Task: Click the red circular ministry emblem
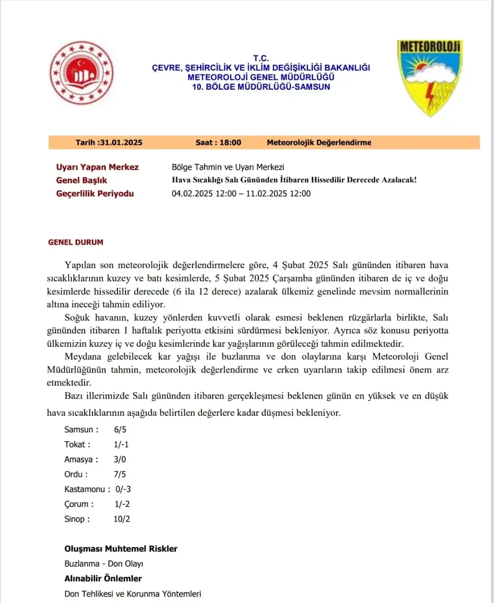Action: coord(81,73)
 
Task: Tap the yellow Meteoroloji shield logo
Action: coord(429,76)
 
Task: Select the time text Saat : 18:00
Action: coord(218,143)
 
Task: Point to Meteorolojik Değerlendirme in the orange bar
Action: coord(319,143)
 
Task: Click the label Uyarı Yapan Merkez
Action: coord(97,167)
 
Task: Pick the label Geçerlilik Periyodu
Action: coord(95,194)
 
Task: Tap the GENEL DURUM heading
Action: coord(76,242)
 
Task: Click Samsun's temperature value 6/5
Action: coord(120,430)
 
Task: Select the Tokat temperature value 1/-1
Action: coord(121,444)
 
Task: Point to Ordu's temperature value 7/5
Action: coord(120,474)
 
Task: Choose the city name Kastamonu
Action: coord(85,489)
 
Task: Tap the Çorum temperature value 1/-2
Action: coord(122,504)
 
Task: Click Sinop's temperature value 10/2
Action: coord(122,519)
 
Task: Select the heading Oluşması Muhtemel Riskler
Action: coord(121,549)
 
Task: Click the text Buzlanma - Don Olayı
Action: coord(104,563)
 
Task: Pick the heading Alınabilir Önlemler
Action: coord(103,579)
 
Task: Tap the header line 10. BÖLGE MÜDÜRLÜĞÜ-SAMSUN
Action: coord(261,87)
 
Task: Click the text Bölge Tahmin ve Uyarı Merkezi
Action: coord(228,167)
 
